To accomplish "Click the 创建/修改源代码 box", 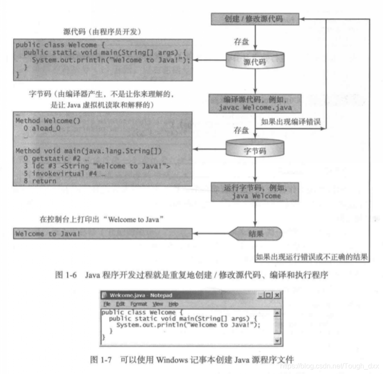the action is coord(255,19).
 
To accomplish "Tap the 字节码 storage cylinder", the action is coord(255,150).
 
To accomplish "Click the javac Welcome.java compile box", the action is coord(255,104).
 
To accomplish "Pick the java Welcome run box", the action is coord(255,192).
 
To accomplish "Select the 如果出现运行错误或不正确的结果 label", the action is coord(312,257).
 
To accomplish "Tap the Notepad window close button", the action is coord(277,295).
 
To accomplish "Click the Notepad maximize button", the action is coord(269,295).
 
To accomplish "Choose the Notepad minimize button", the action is coord(262,295).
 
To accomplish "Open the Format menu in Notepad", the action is coord(139,304).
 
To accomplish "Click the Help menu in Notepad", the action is coord(173,304).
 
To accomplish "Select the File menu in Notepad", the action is coord(107,304).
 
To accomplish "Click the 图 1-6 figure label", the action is coord(66,275).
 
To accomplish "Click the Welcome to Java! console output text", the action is coord(48,234).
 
